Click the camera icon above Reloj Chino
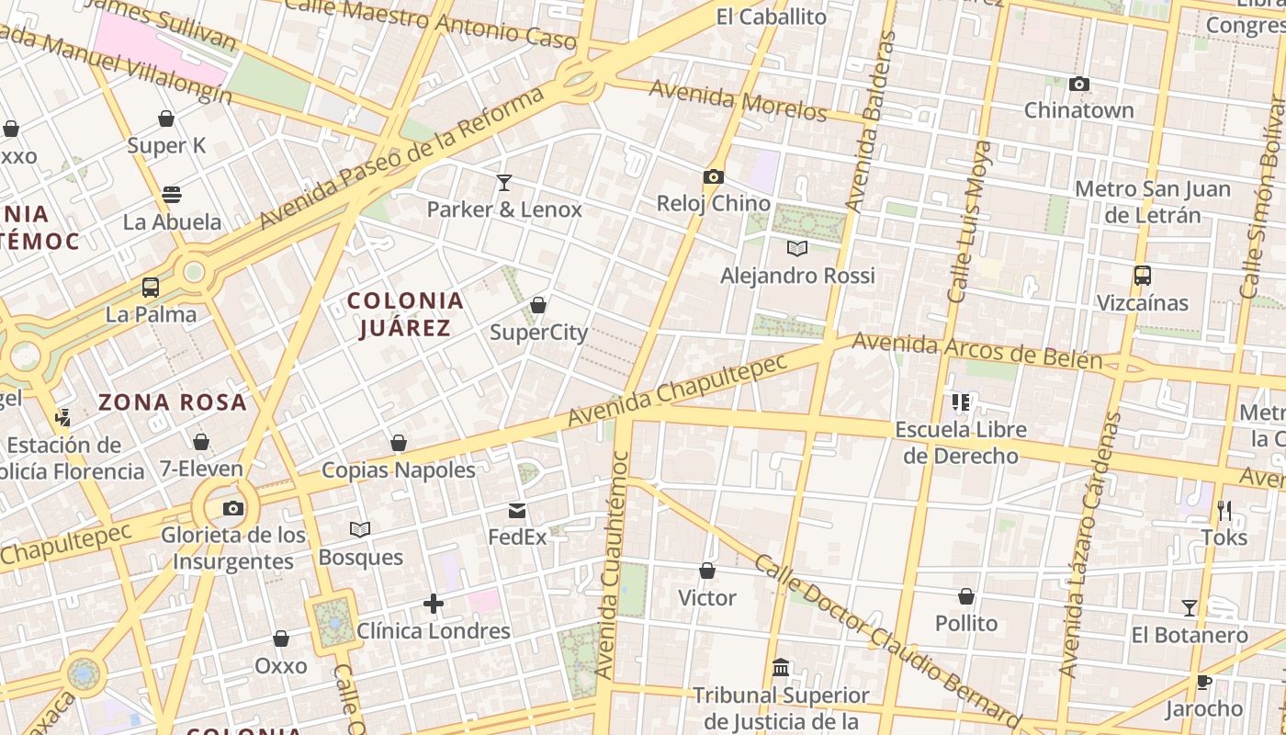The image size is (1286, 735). coord(714,176)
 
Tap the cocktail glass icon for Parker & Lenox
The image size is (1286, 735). coord(503,183)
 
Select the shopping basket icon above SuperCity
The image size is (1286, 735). coord(538,305)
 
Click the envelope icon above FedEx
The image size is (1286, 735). coord(517,511)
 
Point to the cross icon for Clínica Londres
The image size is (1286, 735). coord(434,604)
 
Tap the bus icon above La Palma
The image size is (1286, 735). coord(151,288)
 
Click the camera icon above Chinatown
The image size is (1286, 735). coord(1079,85)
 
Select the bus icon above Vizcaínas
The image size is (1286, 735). coord(1143,276)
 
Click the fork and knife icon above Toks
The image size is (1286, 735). coord(1224,511)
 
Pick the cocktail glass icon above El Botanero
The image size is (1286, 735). coord(1190,608)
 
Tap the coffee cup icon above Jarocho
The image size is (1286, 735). coord(1203,682)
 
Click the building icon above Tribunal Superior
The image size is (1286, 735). coord(781,667)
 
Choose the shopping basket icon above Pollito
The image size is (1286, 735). coord(965,596)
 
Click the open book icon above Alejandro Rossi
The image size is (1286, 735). coord(797,248)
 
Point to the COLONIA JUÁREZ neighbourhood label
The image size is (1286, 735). coord(405,314)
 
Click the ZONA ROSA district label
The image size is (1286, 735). coord(173,401)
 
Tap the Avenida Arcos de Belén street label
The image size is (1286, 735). coord(976,351)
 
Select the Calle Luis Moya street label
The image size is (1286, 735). coord(969,222)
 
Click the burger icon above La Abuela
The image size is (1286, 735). coord(172,195)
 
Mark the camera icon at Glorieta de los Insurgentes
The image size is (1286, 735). coord(233,508)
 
